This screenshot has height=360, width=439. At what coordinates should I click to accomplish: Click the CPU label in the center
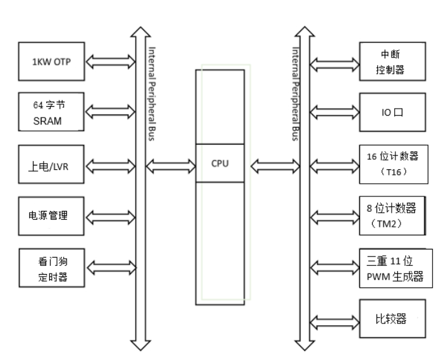[x=219, y=163]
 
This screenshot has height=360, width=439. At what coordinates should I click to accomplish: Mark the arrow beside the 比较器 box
[x=333, y=318]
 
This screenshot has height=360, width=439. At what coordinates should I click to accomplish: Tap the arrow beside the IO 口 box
[x=333, y=113]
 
